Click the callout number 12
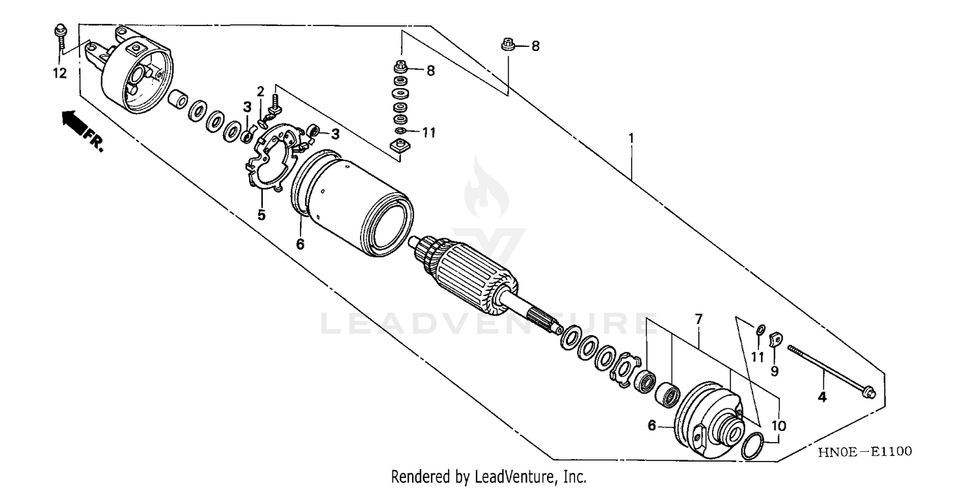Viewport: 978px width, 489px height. click(59, 74)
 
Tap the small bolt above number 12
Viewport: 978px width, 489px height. click(59, 35)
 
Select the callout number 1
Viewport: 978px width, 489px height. click(631, 138)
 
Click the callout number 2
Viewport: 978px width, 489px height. click(260, 91)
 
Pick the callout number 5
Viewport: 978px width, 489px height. click(261, 215)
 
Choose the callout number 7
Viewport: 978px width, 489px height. click(698, 319)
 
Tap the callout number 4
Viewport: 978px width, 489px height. click(822, 396)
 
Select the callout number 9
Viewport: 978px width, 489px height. click(775, 371)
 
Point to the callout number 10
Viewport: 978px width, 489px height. click(778, 426)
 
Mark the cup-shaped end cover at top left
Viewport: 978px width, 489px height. click(138, 75)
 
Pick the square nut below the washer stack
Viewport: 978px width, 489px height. click(398, 148)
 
